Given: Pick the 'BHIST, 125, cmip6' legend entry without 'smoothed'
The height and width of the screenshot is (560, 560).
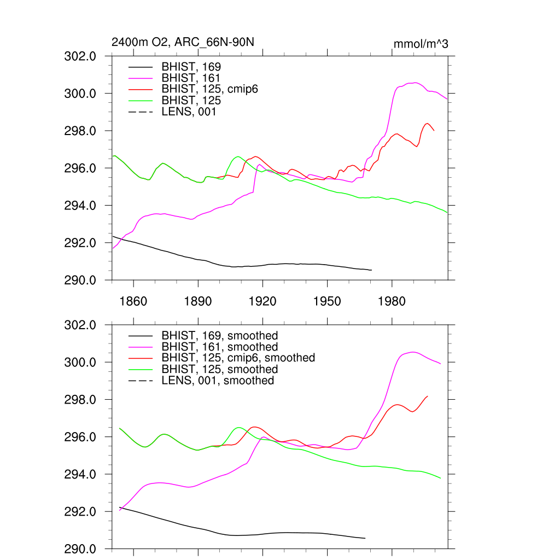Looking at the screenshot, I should (209, 89).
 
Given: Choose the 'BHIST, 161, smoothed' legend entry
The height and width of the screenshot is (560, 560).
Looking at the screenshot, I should (219, 347).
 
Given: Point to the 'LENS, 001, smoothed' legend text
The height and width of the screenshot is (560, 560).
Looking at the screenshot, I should (218, 380).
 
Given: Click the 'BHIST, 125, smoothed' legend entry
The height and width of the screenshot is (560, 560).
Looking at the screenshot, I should (219, 369).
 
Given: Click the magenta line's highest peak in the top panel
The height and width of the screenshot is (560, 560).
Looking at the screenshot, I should (416, 83).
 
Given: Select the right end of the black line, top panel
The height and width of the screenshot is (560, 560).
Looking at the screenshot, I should (371, 270).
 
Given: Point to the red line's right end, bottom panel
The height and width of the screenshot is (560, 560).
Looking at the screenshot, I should (428, 396).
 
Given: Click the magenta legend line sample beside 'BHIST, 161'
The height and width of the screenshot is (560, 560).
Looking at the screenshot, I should (140, 78).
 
